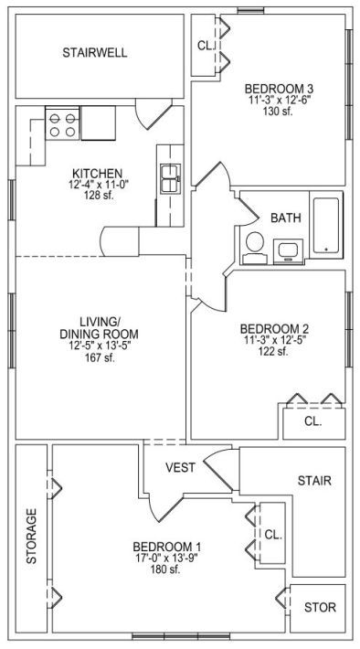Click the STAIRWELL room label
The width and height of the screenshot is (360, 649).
click(x=95, y=53)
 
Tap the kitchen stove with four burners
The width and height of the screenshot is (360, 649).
click(x=62, y=123)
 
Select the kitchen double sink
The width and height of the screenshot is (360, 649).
click(x=171, y=178)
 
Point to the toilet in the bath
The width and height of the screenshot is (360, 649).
click(x=255, y=248)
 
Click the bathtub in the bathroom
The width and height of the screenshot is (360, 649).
click(x=326, y=225)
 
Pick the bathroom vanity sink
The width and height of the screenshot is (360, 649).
click(x=288, y=251)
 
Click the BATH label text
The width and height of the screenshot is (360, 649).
click(x=285, y=218)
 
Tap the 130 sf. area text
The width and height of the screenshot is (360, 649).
click(x=278, y=111)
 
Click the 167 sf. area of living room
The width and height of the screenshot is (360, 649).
click(x=99, y=358)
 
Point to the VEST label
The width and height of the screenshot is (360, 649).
click(x=180, y=467)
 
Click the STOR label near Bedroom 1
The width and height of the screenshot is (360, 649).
click(x=320, y=607)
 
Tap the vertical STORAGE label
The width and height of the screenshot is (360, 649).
click(x=32, y=536)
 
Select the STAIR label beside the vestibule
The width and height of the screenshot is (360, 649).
click(x=314, y=481)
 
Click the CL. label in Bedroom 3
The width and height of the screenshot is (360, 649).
click(x=206, y=46)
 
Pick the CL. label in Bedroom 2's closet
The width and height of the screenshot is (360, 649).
click(x=313, y=421)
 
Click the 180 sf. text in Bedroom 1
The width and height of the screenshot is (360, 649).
click(x=165, y=569)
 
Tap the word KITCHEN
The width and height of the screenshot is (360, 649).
click(x=97, y=173)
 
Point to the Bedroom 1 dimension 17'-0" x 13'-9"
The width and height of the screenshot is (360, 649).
click(x=167, y=558)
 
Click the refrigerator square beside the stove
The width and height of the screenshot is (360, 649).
click(x=98, y=122)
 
